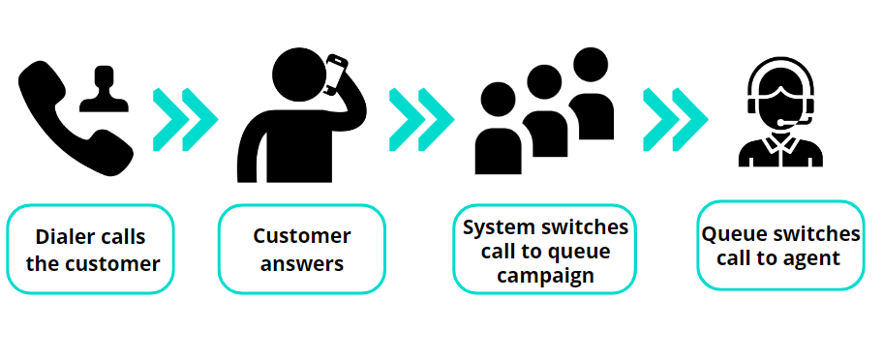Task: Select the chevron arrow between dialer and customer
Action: pyautogui.click(x=185, y=120)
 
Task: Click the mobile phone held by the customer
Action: pyautogui.click(x=336, y=75)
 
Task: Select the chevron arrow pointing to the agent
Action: pyautogui.click(x=674, y=120)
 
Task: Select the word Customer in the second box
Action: pyautogui.click(x=302, y=236)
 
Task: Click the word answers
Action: pyautogui.click(x=302, y=263)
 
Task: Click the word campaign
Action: pyautogui.click(x=545, y=276)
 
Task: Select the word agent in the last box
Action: pyautogui.click(x=812, y=258)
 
